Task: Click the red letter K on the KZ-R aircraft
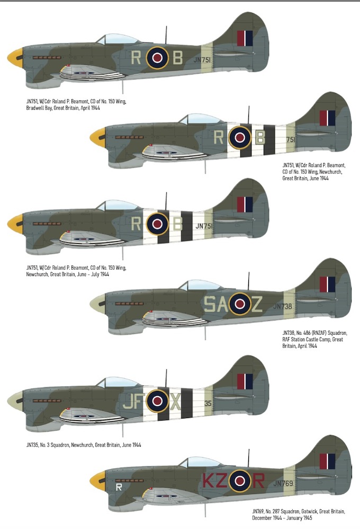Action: tap(209, 481)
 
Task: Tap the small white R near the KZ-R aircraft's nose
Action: tap(119, 487)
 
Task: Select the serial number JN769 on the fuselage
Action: tap(283, 483)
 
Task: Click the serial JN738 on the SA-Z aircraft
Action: tap(283, 306)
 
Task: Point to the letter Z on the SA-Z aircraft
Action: tap(257, 304)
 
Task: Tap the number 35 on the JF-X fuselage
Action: tap(208, 403)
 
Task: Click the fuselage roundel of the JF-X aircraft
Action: tap(157, 401)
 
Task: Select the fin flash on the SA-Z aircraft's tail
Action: tap(327, 285)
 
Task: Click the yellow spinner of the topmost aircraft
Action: tap(15, 58)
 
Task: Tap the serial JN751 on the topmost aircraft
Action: tap(202, 60)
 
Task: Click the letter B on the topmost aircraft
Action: tap(178, 58)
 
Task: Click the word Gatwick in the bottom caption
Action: tap(309, 512)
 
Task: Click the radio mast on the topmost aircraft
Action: tap(166, 35)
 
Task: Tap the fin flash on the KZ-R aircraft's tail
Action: tap(327, 461)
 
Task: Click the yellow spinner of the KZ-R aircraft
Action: tap(97, 481)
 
